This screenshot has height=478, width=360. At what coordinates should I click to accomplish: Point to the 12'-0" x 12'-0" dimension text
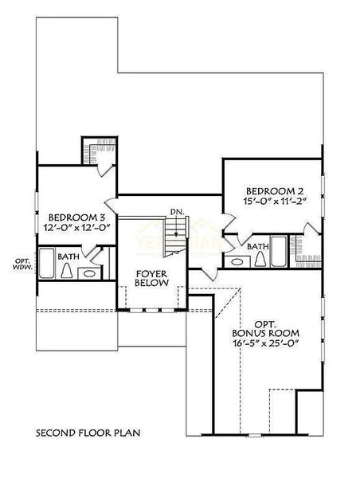click(78, 227)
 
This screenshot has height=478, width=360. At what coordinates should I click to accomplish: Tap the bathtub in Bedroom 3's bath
click(47, 263)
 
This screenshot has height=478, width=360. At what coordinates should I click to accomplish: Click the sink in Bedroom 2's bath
click(236, 261)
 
